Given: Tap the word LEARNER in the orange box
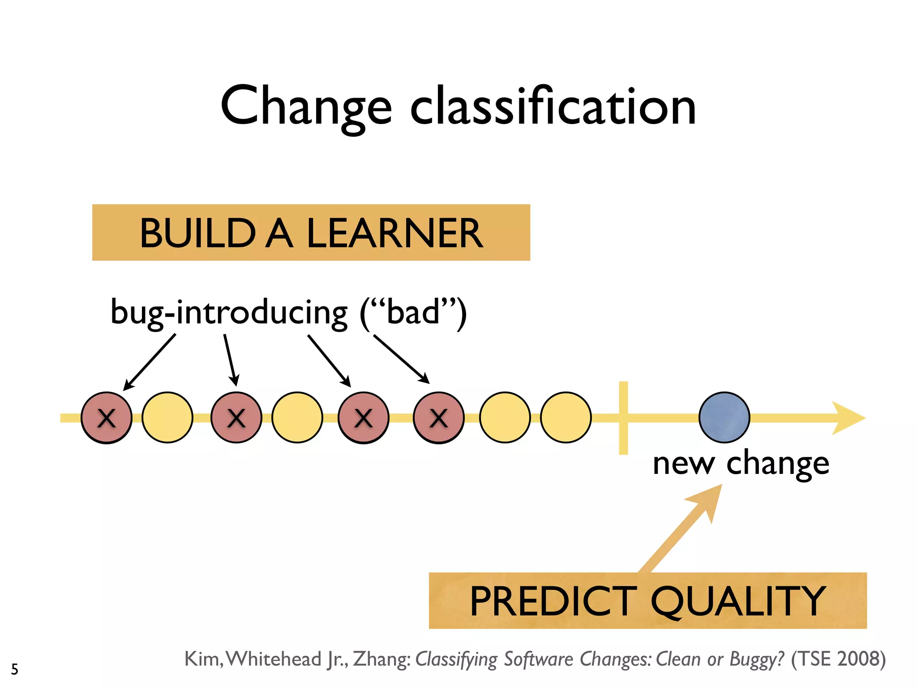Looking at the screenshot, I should pyautogui.click(x=394, y=233).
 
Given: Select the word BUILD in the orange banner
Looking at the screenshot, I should pyautogui.click(x=197, y=233).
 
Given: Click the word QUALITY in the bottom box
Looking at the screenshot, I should pyautogui.click(x=738, y=602).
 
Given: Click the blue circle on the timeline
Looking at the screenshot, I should pyautogui.click(x=724, y=417).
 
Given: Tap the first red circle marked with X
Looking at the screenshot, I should pyautogui.click(x=107, y=417).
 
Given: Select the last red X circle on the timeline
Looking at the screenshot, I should pyautogui.click(x=438, y=417).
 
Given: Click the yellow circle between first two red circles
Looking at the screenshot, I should pyautogui.click(x=167, y=417).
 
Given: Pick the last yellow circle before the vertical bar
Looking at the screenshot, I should pyautogui.click(x=566, y=417).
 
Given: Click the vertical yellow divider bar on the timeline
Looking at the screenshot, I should pyautogui.click(x=623, y=417).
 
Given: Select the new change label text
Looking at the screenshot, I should pyautogui.click(x=741, y=464).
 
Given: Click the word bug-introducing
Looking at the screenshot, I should pyautogui.click(x=229, y=313).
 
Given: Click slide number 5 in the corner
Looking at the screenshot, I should pyautogui.click(x=15, y=669).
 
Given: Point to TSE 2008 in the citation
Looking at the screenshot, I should pyautogui.click(x=838, y=659).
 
